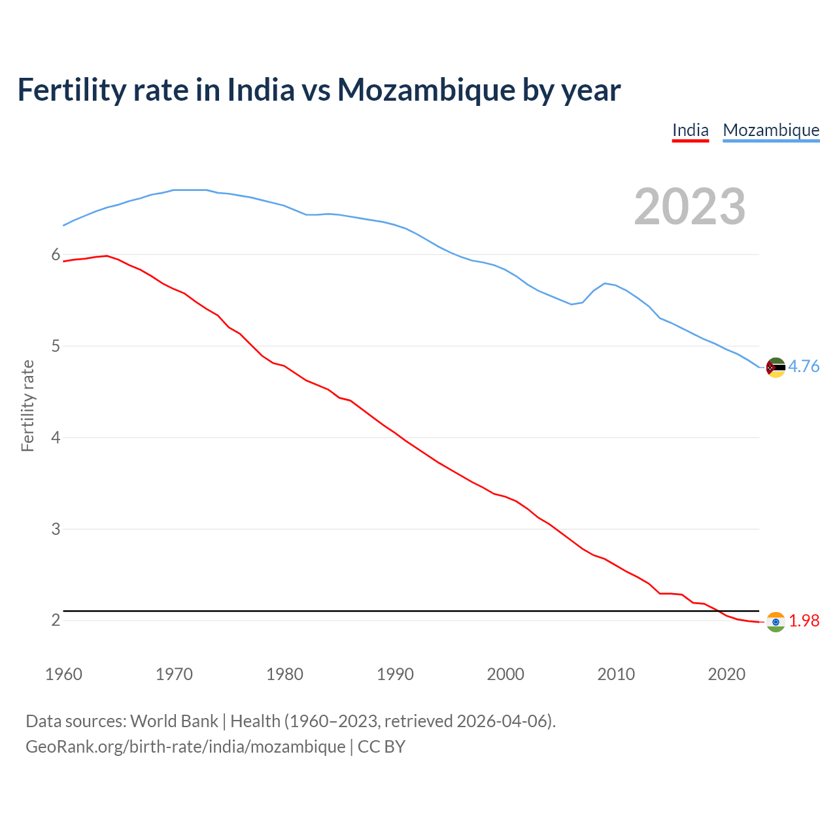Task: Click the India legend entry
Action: pyautogui.click(x=691, y=130)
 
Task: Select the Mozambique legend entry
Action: pyautogui.click(x=771, y=130)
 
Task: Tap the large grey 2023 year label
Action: pyautogui.click(x=690, y=207)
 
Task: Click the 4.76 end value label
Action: pyautogui.click(x=804, y=366)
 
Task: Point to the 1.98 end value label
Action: pyautogui.click(x=804, y=621)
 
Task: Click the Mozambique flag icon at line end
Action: pyautogui.click(x=776, y=367)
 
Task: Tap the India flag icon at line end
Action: pyautogui.click(x=776, y=622)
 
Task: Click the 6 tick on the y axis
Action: pyautogui.click(x=56, y=254)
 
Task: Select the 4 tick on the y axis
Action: pyautogui.click(x=56, y=437)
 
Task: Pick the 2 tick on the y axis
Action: pyautogui.click(x=56, y=620)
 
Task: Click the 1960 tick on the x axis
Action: pyautogui.click(x=63, y=674)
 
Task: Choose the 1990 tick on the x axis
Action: pyautogui.click(x=395, y=674)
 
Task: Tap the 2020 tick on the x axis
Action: pyautogui.click(x=726, y=674)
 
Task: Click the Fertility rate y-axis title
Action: pyautogui.click(x=27, y=405)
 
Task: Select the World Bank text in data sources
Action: pyautogui.click(x=174, y=721)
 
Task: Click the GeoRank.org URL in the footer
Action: pyautogui.click(x=185, y=747)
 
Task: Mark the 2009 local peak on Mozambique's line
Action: pyautogui.click(x=605, y=283)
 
